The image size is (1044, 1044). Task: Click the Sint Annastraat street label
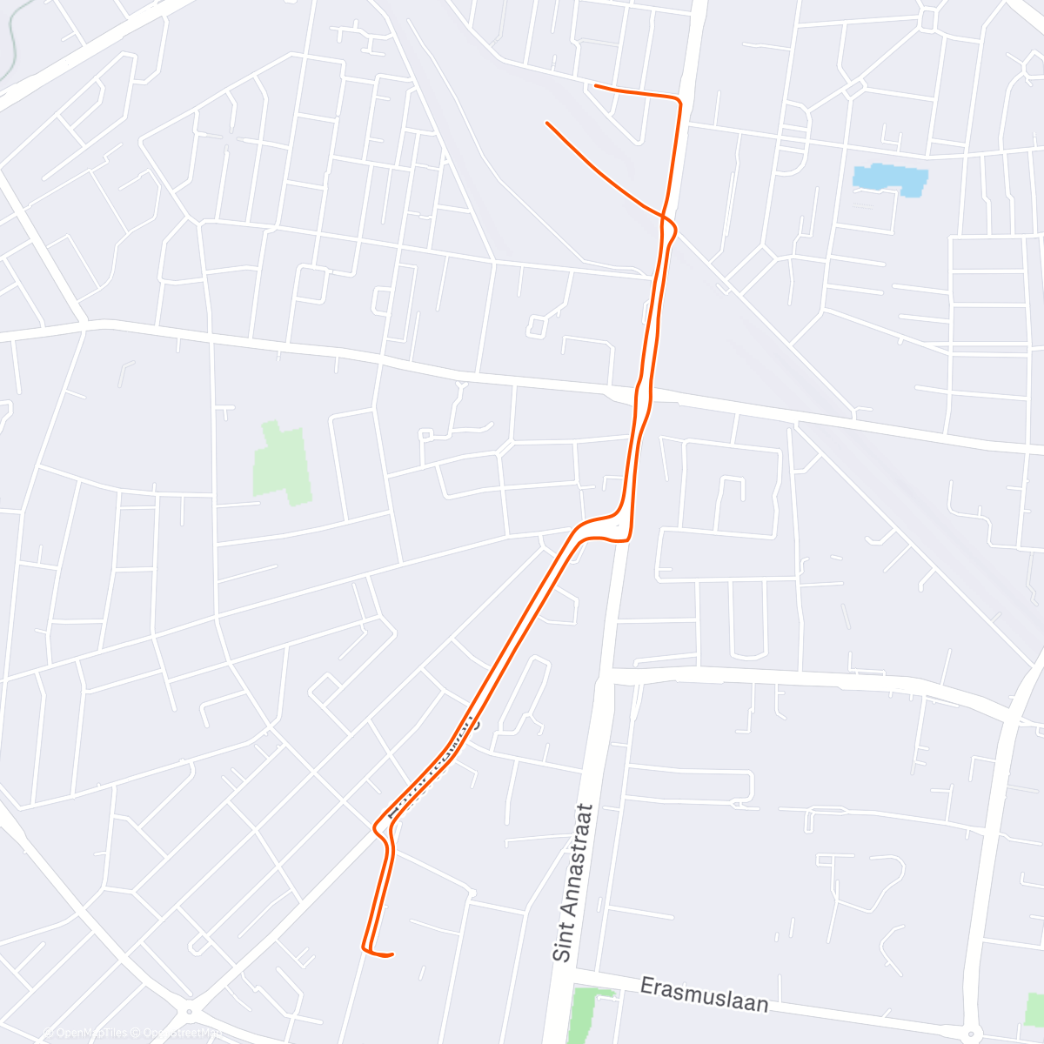pyautogui.click(x=573, y=882)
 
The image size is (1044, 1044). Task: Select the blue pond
pyautogui.click(x=890, y=179)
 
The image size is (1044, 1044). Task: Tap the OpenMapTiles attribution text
pyautogui.click(x=84, y=1033)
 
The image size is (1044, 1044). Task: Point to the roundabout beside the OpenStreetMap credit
pyautogui.click(x=189, y=1012)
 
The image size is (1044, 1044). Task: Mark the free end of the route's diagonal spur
pyautogui.click(x=547, y=124)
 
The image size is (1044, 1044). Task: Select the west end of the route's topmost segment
pyautogui.click(x=596, y=85)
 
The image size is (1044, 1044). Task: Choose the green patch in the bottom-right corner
pyautogui.click(x=1035, y=1009)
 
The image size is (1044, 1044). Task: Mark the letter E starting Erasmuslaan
pyautogui.click(x=647, y=986)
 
